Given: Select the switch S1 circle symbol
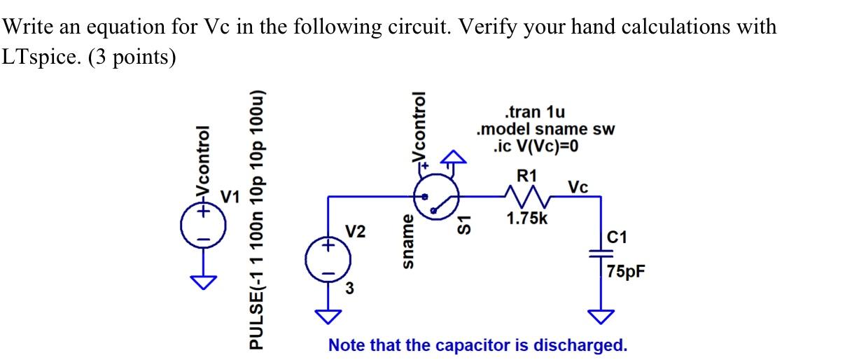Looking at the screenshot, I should (x=435, y=198).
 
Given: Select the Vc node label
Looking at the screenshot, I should (x=578, y=187).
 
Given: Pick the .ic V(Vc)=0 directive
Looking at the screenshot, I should (x=536, y=146).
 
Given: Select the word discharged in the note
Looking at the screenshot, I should (x=580, y=345).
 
